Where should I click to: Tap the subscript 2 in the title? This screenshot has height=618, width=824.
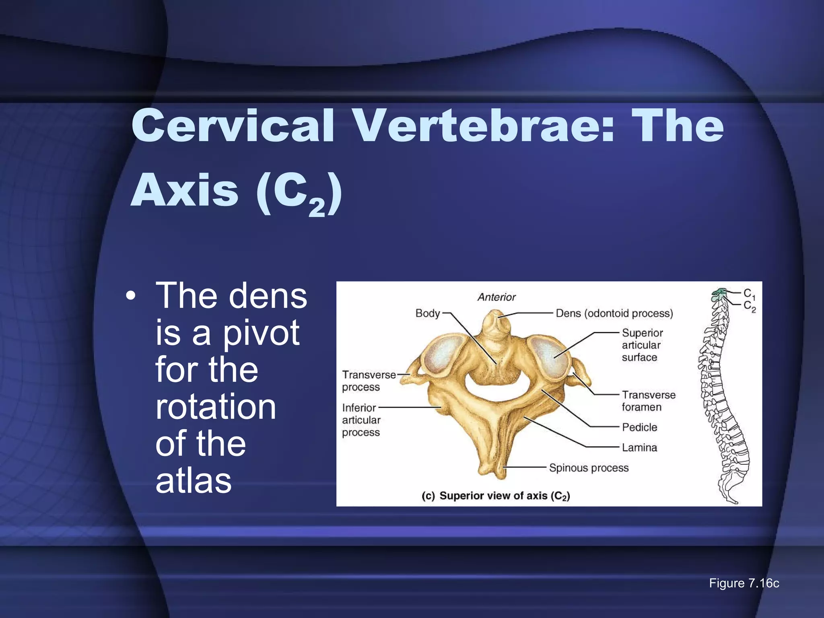point(317,208)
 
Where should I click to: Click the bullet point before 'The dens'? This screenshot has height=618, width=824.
point(130,297)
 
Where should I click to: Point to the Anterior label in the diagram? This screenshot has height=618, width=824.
point(496,297)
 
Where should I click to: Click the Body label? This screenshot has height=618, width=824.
point(427,313)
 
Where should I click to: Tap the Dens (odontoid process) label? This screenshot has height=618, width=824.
point(614,313)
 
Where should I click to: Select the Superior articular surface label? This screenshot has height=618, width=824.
point(642,345)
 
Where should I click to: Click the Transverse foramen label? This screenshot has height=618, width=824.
point(648,401)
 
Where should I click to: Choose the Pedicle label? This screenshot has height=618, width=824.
point(639,427)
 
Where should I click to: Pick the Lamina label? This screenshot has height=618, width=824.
point(639,447)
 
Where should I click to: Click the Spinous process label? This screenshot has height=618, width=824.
point(589,468)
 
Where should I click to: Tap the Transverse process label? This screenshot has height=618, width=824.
point(369,381)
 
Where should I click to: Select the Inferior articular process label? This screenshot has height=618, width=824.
point(361,420)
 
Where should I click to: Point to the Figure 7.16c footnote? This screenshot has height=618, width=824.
point(744,583)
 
